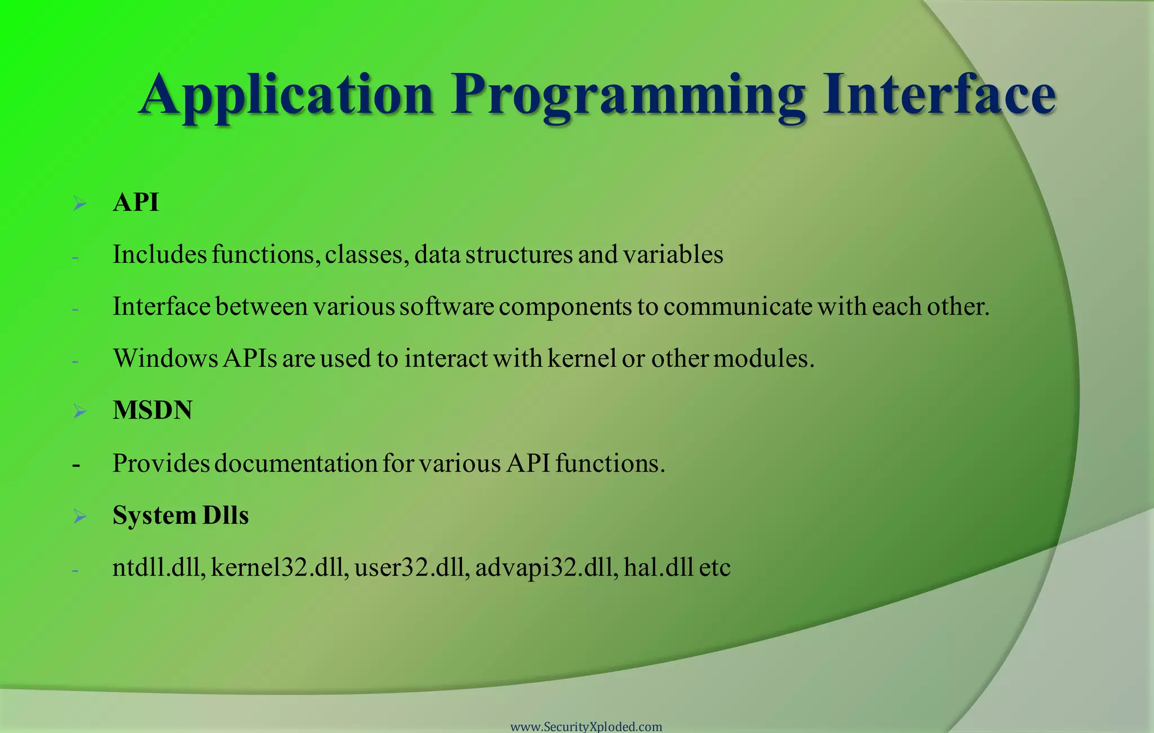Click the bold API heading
tap(136, 202)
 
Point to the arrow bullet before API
tap(79, 204)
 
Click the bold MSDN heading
tap(152, 410)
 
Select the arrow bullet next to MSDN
tap(79, 412)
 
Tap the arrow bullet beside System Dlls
tap(79, 516)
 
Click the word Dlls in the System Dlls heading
tap(225, 515)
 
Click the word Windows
tap(166, 359)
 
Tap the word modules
tap(764, 359)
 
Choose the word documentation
tap(295, 463)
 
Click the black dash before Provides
tap(76, 466)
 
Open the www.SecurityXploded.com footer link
tap(586, 727)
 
